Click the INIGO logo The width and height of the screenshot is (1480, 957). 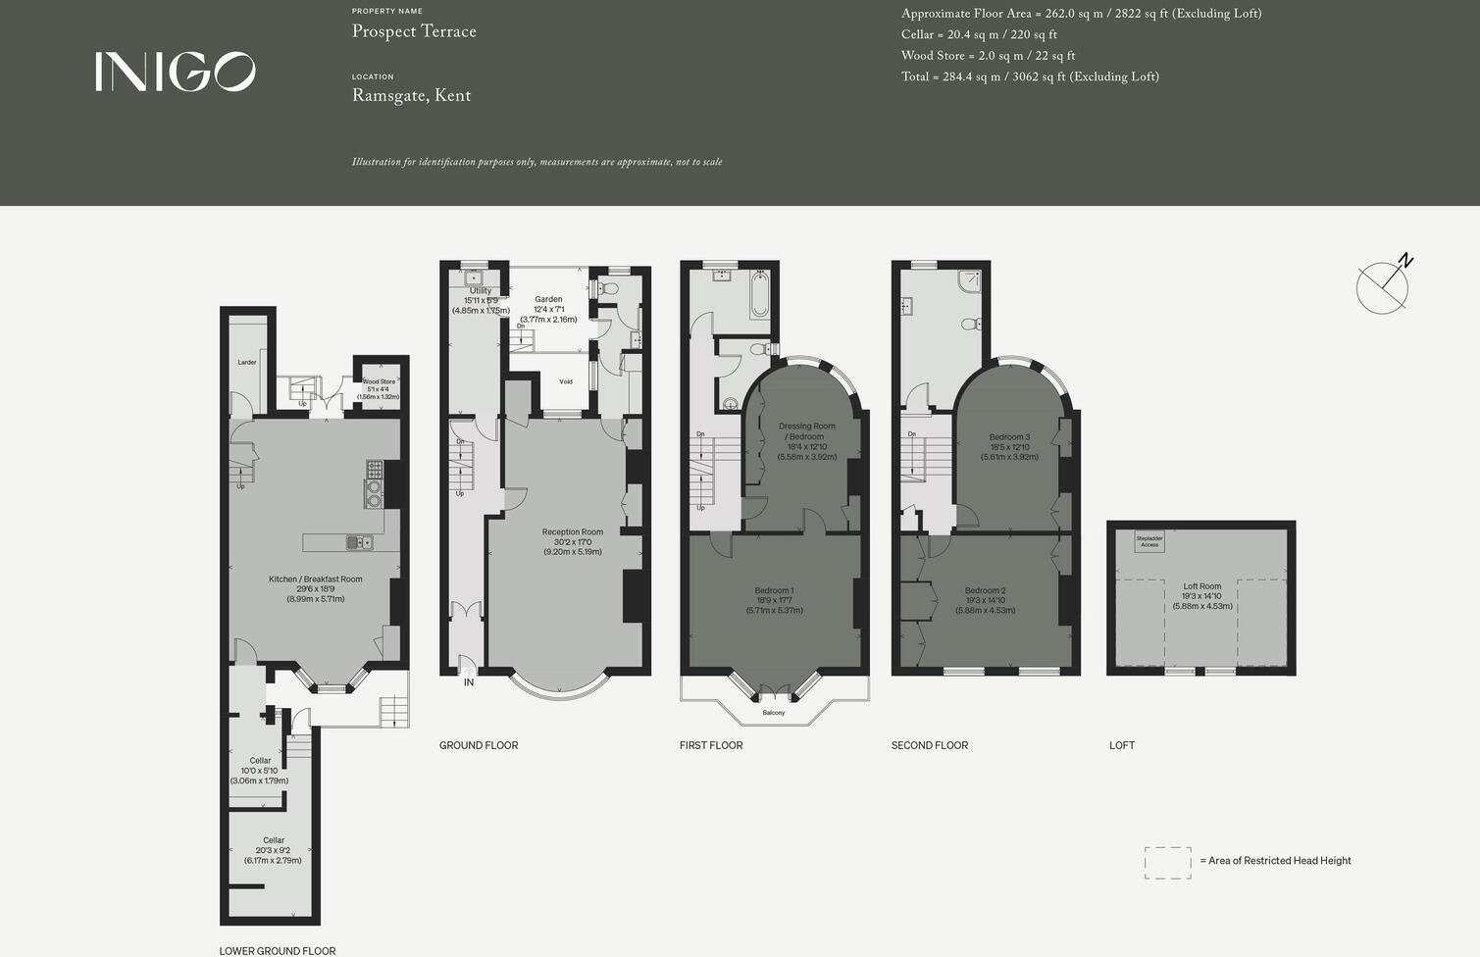coord(176,72)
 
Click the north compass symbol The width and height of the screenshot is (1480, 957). coord(1383,285)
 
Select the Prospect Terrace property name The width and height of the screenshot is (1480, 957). coord(414,31)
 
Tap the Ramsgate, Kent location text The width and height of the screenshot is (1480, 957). coord(411,96)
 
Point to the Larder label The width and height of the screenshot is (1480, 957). coord(247,363)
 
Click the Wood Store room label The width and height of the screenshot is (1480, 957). coord(379,382)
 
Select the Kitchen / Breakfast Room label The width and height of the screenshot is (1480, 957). coord(315,579)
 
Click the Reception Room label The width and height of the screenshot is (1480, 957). coord(572,532)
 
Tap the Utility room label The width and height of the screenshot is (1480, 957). coord(481,291)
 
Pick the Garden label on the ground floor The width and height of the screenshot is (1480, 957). coord(548,300)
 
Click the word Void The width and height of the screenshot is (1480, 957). coord(566,382)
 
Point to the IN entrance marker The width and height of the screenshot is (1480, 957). coord(469,682)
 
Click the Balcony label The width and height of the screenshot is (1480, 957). coord(773,713)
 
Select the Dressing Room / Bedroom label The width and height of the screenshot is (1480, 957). coord(807,431)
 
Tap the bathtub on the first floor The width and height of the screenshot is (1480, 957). coord(759,293)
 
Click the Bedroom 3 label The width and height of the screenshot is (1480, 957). coord(1009,437)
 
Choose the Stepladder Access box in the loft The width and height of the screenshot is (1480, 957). coord(1149,541)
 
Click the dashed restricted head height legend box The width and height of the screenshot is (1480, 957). coord(1167,863)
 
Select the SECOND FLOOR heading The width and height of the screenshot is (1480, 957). coord(929,746)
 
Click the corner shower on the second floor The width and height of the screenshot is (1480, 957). coord(969,280)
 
